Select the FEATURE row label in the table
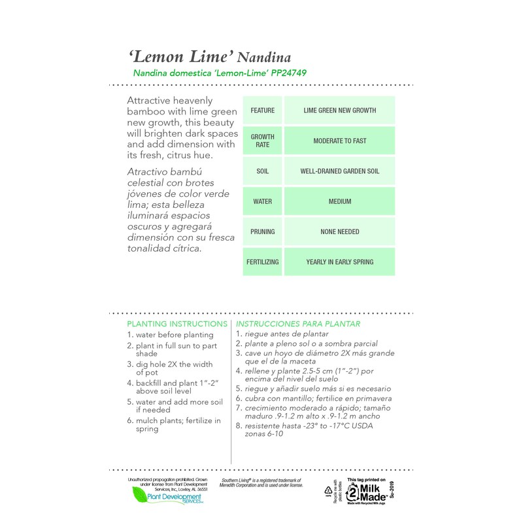point(262,110)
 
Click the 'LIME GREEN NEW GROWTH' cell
point(339,110)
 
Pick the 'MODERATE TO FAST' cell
point(339,141)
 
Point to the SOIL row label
point(262,171)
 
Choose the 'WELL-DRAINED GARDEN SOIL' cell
point(339,171)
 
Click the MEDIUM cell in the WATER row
point(339,201)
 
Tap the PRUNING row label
point(262,231)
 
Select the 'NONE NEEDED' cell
point(339,231)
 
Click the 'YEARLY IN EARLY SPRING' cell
point(339,262)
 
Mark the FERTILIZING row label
point(262,262)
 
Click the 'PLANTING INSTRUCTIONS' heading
point(177,324)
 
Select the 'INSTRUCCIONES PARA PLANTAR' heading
point(297,324)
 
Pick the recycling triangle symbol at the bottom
point(331,490)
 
